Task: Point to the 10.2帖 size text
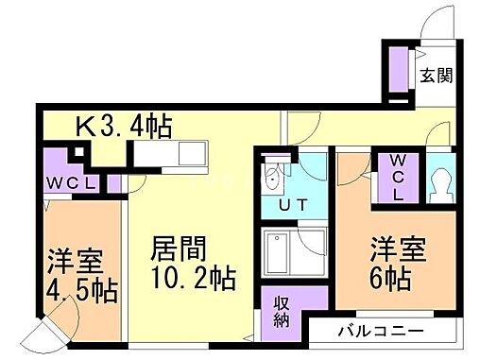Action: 191,280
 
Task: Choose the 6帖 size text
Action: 389,279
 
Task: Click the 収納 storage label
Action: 282,312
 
